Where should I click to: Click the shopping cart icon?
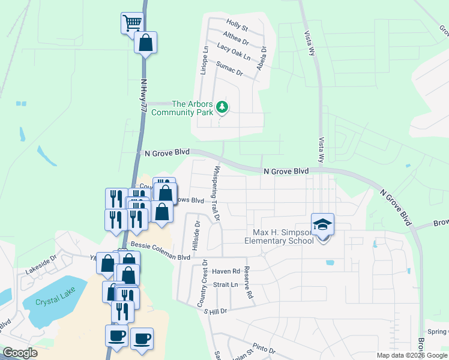click(132, 23)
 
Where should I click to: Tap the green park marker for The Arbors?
click(223, 107)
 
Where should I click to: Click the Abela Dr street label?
click(262, 59)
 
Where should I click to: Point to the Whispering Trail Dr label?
click(215, 194)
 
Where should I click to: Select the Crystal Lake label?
click(52, 302)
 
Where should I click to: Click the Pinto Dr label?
click(264, 349)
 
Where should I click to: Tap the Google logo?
click(20, 353)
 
